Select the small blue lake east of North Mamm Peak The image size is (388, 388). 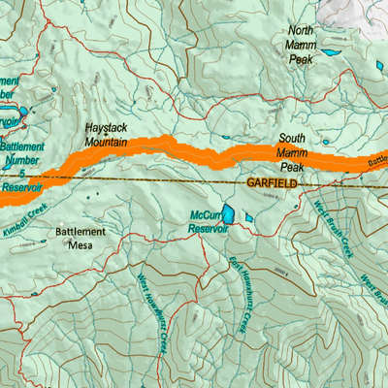click(x=333, y=51)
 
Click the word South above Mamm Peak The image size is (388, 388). click(x=292, y=138)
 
